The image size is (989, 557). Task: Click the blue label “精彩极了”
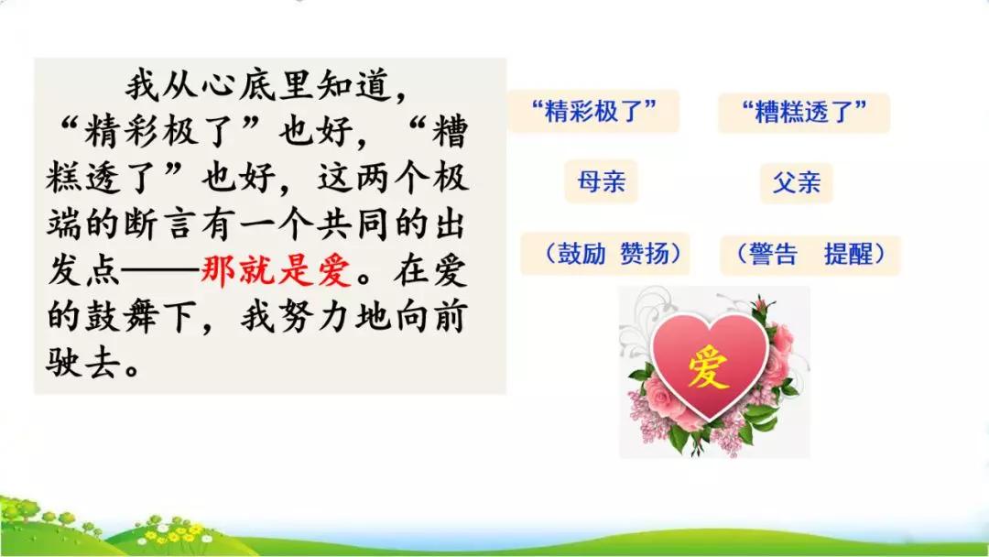click(593, 112)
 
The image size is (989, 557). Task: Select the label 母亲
click(601, 181)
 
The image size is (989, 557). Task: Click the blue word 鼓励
click(581, 254)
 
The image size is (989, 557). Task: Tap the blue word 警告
click(773, 254)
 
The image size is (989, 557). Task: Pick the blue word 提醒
click(848, 254)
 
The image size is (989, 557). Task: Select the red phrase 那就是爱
click(277, 271)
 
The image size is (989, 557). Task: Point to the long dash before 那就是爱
click(160, 272)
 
